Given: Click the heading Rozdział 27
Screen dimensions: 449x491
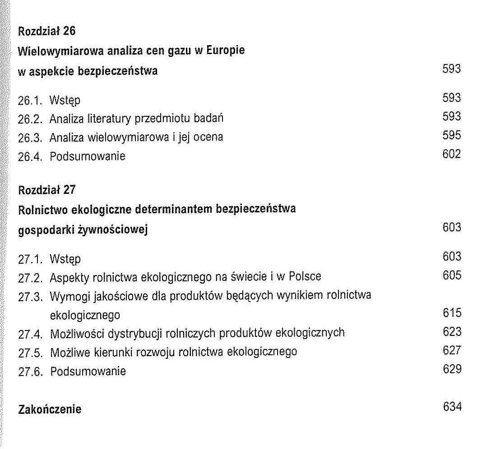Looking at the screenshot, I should (x=46, y=190).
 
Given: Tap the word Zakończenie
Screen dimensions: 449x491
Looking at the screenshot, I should (x=50, y=409).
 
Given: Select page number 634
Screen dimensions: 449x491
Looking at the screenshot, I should (x=452, y=407).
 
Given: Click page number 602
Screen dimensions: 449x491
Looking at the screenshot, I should (x=452, y=154).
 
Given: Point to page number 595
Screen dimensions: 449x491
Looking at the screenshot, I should (x=452, y=135).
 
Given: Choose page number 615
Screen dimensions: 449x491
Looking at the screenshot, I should (x=452, y=313).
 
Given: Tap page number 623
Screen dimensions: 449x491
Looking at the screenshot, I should (x=452, y=332).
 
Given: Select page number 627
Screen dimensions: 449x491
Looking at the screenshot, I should (x=452, y=350).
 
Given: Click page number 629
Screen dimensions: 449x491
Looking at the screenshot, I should (x=452, y=369).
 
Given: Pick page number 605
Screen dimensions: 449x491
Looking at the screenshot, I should (x=452, y=275).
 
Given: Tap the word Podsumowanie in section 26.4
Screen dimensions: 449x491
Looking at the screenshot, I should (x=87, y=156).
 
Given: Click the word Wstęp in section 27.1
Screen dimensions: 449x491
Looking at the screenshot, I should (x=65, y=259).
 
